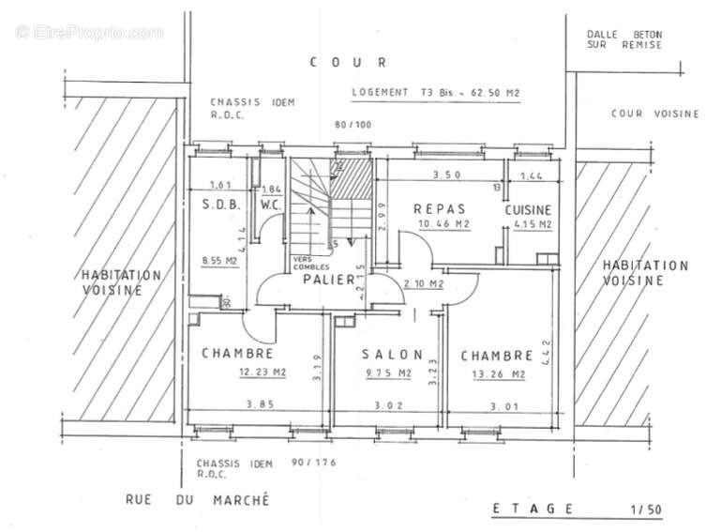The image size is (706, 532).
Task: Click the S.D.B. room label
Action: pyautogui.click(x=223, y=204)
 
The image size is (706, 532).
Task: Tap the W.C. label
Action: pyautogui.click(x=270, y=204)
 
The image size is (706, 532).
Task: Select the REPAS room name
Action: pyautogui.click(x=435, y=208)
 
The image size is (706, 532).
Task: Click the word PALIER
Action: pyautogui.click(x=329, y=280)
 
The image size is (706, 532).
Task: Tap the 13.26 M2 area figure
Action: pyautogui.click(x=496, y=374)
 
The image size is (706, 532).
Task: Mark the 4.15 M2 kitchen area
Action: pyautogui.click(x=532, y=225)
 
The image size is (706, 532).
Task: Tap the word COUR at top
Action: pyautogui.click(x=347, y=62)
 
